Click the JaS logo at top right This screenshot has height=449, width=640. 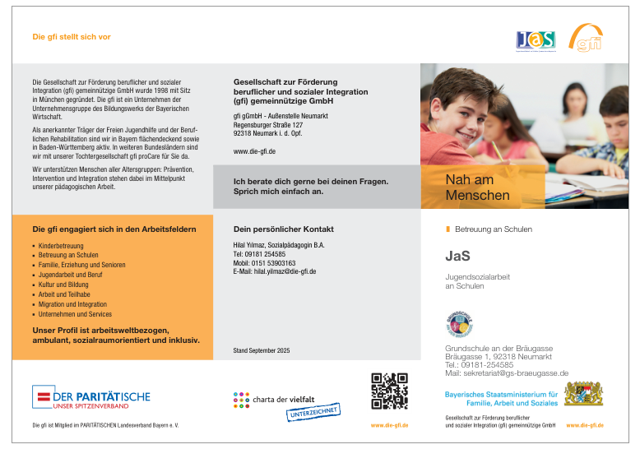point(536,39)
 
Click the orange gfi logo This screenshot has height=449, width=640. point(586,38)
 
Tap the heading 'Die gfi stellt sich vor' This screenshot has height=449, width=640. point(72,37)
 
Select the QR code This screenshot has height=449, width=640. point(389,391)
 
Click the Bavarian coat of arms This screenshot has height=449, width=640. point(583,393)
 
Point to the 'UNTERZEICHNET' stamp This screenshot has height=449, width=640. point(313,411)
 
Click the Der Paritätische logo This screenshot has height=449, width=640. point(91,398)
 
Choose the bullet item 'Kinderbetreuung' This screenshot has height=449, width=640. point(61,246)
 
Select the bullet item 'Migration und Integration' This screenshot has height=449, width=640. point(72,304)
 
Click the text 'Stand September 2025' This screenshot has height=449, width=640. point(262,351)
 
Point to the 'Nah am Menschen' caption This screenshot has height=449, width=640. point(478,187)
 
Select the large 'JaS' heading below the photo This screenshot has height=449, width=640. point(457,256)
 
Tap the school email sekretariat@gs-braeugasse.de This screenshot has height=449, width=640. point(507,373)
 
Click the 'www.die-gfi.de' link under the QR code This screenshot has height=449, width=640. point(389,425)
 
